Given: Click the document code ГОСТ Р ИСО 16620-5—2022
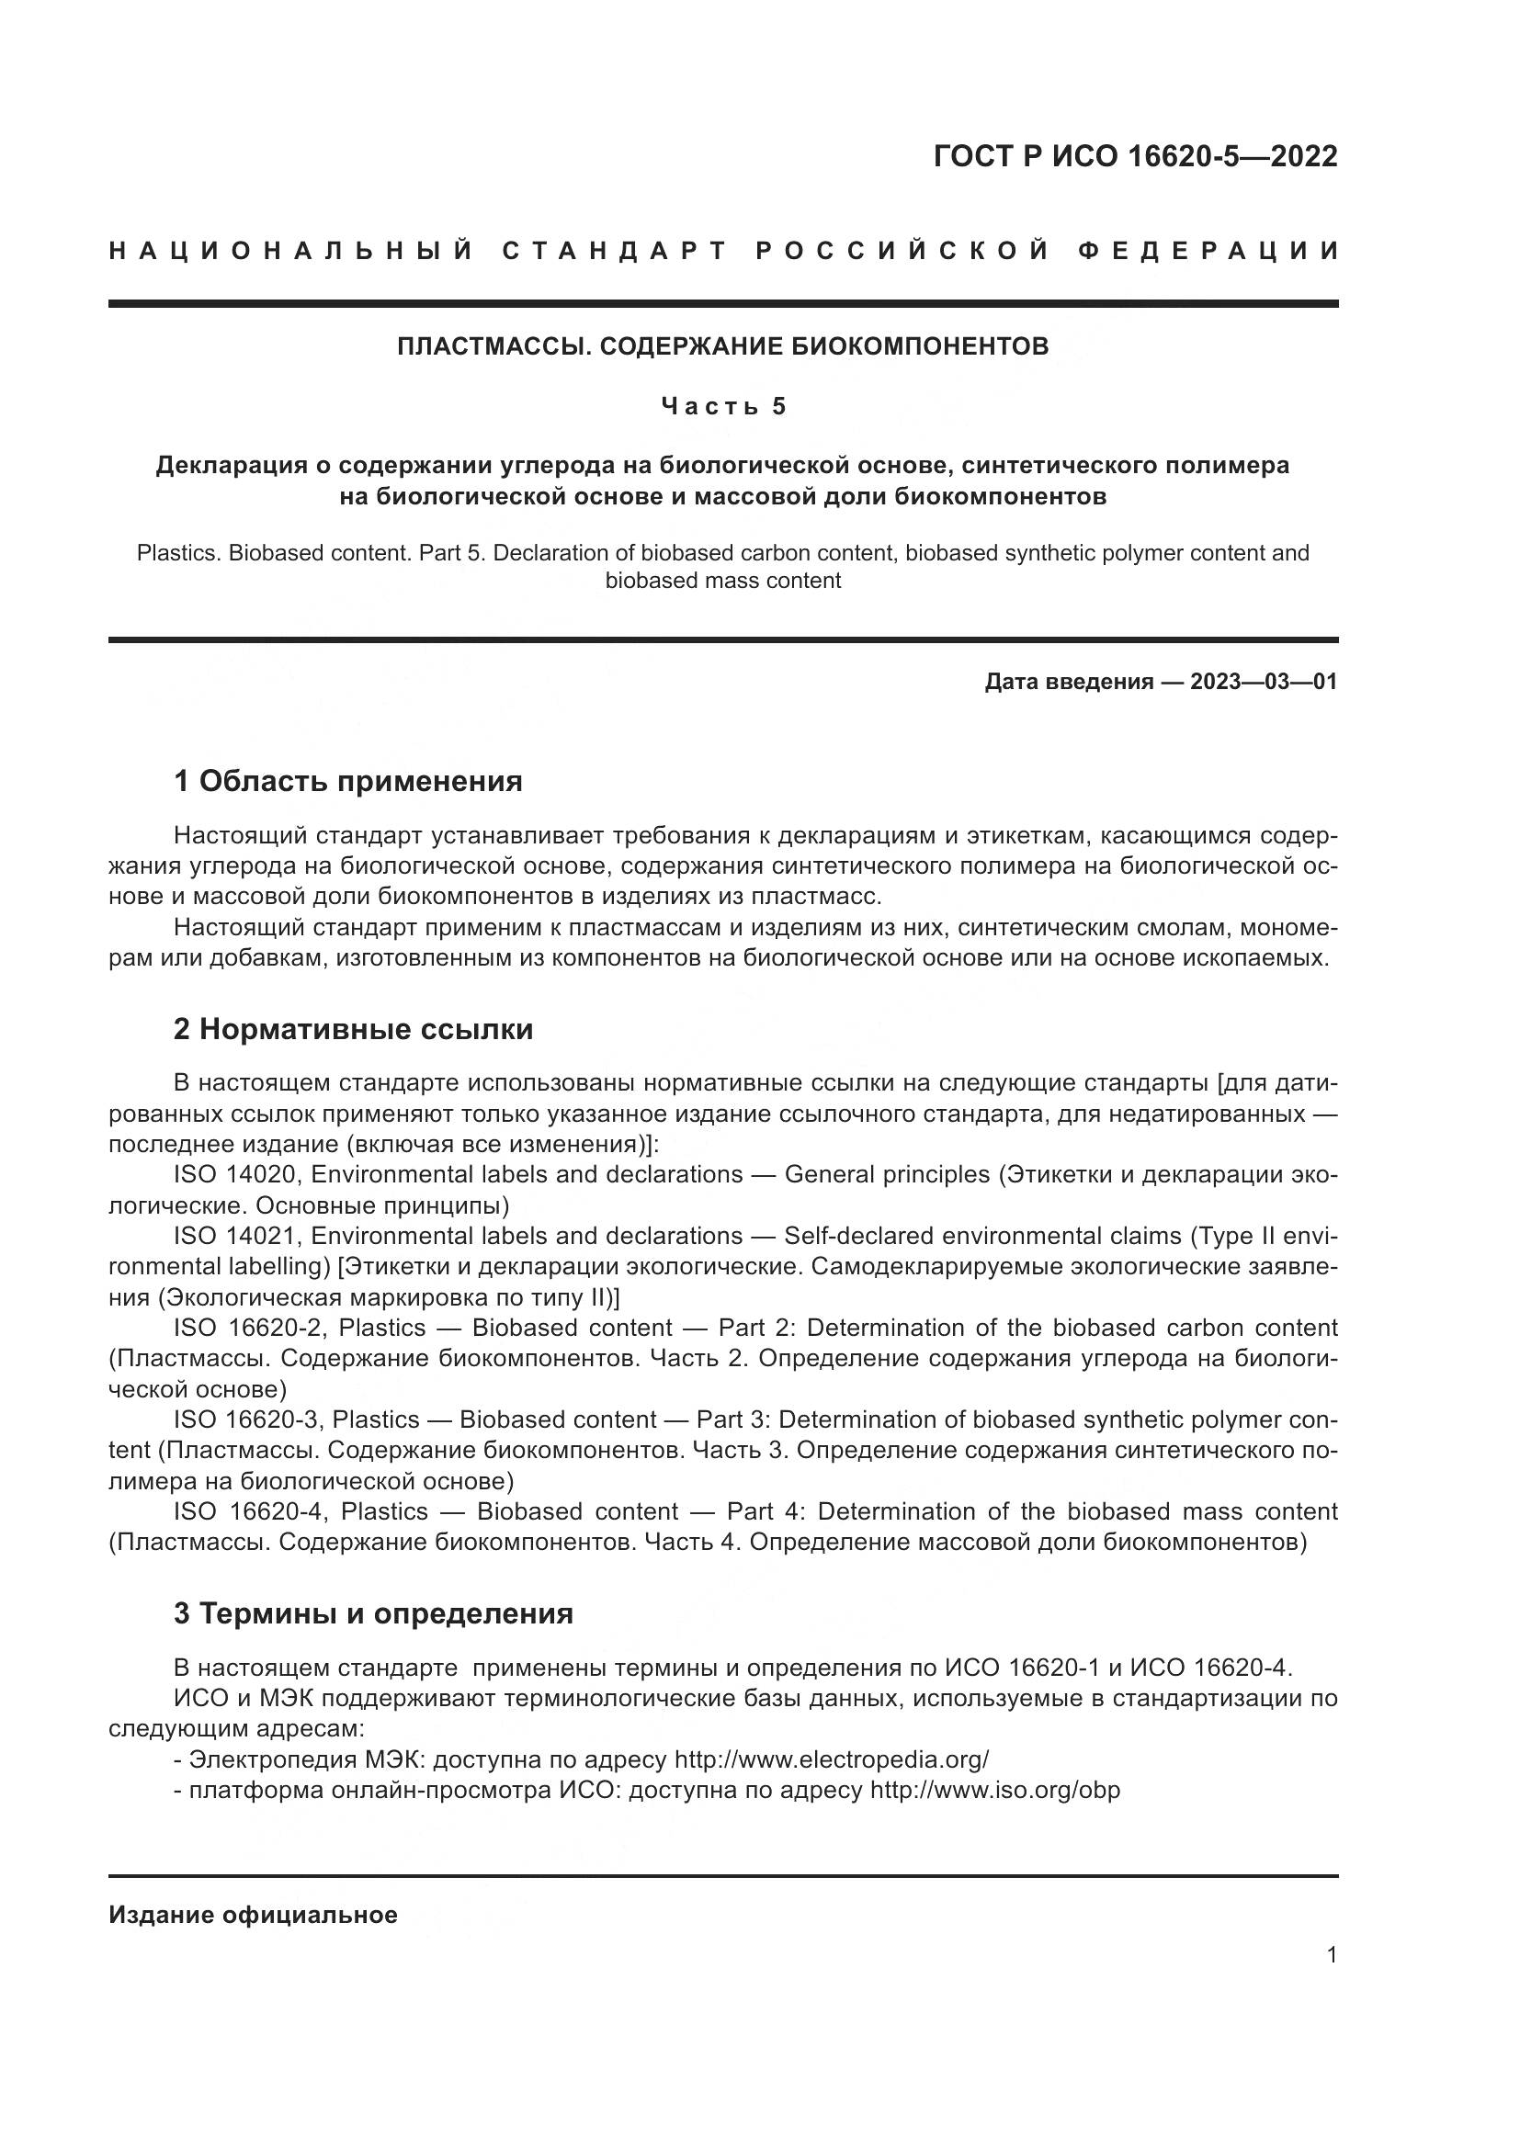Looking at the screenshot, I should pos(1134,156).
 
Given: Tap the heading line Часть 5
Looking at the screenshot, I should pos(723,406).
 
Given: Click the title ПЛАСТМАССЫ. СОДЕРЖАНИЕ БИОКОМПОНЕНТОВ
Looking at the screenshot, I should pos(722,346).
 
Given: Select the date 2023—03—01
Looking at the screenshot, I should pos(1264,682).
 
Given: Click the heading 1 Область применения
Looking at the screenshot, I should pos(348,781).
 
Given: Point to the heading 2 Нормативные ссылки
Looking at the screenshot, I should pos(353,1030).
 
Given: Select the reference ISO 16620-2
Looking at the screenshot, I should pos(248,1328).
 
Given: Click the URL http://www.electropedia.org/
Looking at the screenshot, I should pos(831,1759).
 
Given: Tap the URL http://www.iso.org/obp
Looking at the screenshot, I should pos(995,1791).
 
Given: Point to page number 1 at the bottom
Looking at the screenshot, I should pos(1332,1955).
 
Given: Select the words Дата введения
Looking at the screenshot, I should pos(1069,682).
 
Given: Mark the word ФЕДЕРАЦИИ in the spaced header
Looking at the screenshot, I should pos(1209,251).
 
